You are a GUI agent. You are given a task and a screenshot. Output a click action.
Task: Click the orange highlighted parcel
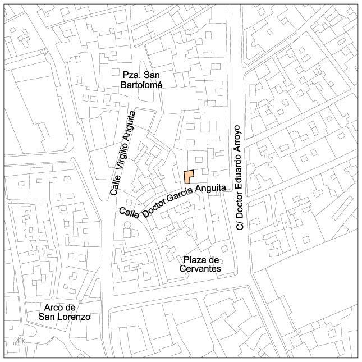188,177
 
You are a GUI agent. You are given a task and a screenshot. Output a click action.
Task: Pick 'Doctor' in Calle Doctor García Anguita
154,207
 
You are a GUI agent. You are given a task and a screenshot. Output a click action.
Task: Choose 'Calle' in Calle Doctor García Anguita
130,214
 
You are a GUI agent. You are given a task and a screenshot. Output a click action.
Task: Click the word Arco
54,308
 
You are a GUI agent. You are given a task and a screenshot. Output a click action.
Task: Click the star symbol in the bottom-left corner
20,340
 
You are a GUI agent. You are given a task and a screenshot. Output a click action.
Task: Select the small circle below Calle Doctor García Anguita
126,225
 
